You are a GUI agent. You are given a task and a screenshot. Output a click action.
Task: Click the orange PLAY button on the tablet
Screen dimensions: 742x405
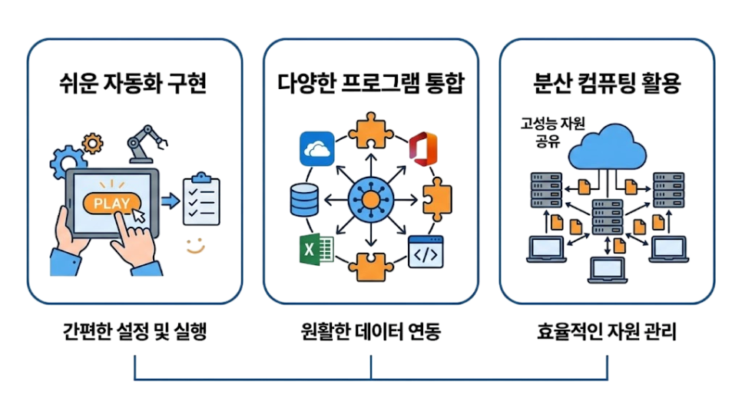pyautogui.click(x=111, y=204)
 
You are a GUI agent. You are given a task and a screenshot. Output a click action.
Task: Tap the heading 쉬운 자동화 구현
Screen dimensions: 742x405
pyautogui.click(x=134, y=83)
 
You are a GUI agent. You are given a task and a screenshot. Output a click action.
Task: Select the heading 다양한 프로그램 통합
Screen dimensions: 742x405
pyautogui.click(x=371, y=83)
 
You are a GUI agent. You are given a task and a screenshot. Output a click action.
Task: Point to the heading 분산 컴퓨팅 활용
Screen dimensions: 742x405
pyautogui.click(x=607, y=83)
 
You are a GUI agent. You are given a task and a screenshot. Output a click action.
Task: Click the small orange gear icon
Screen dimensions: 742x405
pyautogui.click(x=92, y=143)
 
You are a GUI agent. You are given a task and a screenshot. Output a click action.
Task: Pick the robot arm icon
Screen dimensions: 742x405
pyautogui.click(x=146, y=144)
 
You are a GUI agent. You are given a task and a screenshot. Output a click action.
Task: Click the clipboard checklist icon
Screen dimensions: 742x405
pyautogui.click(x=201, y=199)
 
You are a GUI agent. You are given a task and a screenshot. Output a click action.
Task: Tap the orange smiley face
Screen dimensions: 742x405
pyautogui.click(x=195, y=245)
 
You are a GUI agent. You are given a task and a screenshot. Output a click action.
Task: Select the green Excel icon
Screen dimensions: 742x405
pyautogui.click(x=316, y=249)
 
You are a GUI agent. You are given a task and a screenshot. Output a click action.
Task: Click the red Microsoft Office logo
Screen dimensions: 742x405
pyautogui.click(x=423, y=149)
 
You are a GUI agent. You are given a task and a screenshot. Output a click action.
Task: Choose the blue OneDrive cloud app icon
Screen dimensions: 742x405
pyautogui.click(x=317, y=149)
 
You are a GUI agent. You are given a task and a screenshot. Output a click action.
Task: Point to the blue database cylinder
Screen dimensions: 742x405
pyautogui.click(x=304, y=200)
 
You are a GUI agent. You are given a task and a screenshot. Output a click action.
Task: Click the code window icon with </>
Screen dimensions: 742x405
pyautogui.click(x=426, y=251)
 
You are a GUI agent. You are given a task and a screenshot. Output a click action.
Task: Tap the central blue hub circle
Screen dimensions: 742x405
pyautogui.click(x=371, y=200)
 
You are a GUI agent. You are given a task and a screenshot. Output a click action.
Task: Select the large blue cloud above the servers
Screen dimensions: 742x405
pyautogui.click(x=607, y=148)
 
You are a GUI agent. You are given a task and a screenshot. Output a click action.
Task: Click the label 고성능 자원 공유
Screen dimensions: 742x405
pyautogui.click(x=552, y=132)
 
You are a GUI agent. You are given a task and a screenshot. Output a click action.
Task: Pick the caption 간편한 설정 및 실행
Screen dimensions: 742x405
pyautogui.click(x=135, y=331)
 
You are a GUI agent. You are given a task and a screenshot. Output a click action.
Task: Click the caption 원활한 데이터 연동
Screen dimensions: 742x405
pyautogui.click(x=371, y=331)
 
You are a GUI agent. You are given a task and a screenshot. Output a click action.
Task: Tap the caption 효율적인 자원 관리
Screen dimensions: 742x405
pyautogui.click(x=607, y=331)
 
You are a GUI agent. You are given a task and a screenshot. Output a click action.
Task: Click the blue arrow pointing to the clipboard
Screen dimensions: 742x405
pyautogui.click(x=171, y=201)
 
